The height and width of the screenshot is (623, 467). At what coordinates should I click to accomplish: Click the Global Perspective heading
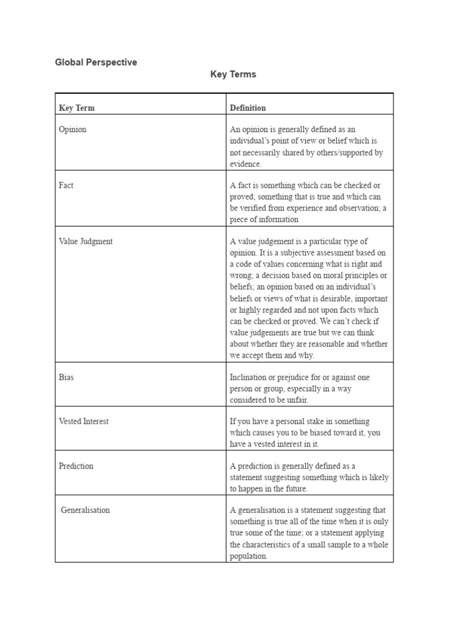point(96,62)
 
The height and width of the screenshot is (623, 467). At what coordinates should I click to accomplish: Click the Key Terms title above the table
point(233,74)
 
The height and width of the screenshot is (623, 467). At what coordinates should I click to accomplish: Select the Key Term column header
point(77,108)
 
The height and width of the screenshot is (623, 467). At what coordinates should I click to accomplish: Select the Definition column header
point(247,108)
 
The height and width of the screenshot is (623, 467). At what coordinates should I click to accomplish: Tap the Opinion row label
point(72,130)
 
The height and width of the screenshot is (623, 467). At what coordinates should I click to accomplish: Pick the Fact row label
point(66,186)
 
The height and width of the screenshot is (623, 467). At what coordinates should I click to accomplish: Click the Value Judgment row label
point(86,242)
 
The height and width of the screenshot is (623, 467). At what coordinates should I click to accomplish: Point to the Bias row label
point(66,377)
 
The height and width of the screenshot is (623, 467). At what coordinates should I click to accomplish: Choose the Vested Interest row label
point(84,422)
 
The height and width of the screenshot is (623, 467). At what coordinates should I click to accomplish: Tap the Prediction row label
point(76,466)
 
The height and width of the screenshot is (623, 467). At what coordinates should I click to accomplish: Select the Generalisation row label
point(85,510)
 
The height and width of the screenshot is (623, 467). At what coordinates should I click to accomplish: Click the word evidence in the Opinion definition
point(246,164)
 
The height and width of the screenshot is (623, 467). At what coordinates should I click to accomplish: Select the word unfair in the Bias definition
point(297,400)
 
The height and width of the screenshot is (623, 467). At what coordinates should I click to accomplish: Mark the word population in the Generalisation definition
point(248,556)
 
